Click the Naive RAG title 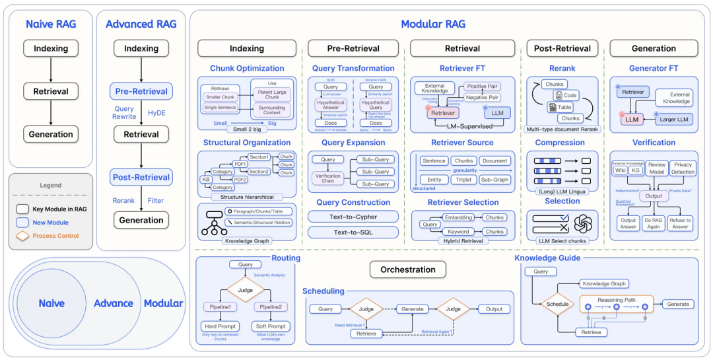pos(50,24)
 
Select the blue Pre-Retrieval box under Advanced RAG pos(141,91)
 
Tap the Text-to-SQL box pos(353,232)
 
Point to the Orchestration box pos(407,270)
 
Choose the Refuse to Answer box pos(679,223)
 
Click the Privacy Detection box pos(683,168)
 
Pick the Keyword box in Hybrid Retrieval pos(458,232)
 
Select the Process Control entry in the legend pos(55,236)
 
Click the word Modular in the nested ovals pos(163,303)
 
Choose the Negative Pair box pos(481,97)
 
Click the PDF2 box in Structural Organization pos(240,180)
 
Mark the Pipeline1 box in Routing pos(219,307)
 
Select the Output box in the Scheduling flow pos(494,309)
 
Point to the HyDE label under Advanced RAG pos(157,113)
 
